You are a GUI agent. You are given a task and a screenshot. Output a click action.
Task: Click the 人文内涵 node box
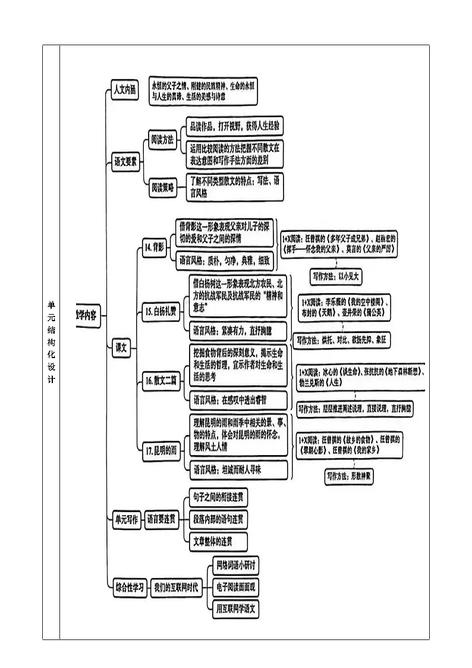[x=125, y=90]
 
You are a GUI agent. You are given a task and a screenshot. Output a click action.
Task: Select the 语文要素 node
[x=125, y=161]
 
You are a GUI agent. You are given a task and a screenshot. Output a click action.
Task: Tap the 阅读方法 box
[x=162, y=140]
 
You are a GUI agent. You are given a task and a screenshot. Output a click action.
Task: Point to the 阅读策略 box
[x=162, y=188]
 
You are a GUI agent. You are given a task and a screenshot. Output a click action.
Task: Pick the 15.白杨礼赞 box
[x=161, y=311]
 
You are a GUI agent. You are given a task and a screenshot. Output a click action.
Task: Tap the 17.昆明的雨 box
[x=161, y=451]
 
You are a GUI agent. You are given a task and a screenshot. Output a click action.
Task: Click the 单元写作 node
[x=125, y=519]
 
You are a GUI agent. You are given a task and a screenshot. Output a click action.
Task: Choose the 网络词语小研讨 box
[x=235, y=564]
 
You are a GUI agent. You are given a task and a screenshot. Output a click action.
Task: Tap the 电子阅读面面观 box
[x=235, y=587]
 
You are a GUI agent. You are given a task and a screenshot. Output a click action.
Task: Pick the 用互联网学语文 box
[x=236, y=609]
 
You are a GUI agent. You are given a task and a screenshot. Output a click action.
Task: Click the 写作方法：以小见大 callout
[x=336, y=276]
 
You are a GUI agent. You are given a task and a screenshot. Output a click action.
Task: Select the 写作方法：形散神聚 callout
[x=349, y=476]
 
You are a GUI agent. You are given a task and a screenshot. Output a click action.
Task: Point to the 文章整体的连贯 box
[x=212, y=541]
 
